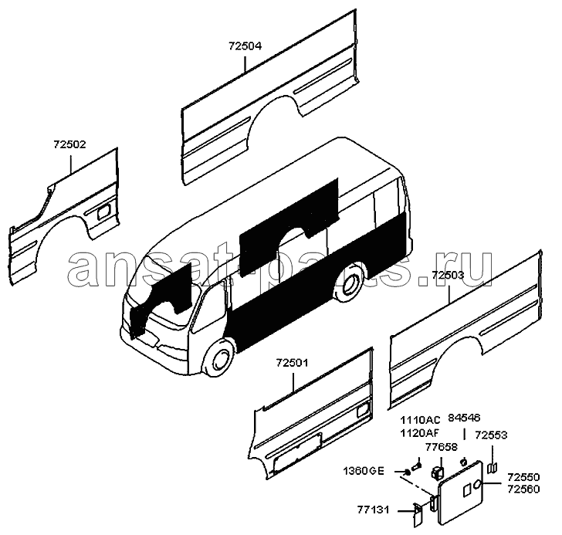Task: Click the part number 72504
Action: (x=245, y=46)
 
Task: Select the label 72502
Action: (x=70, y=144)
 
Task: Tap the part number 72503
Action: (x=448, y=275)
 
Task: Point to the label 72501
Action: (x=292, y=363)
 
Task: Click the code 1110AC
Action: (x=420, y=420)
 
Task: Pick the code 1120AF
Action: (x=419, y=433)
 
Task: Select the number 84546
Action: (x=464, y=418)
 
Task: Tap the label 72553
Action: (x=491, y=435)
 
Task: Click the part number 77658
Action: (x=442, y=447)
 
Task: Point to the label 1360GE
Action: (x=364, y=471)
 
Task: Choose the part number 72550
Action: (x=523, y=477)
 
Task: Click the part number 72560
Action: (x=523, y=489)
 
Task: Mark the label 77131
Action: (x=373, y=510)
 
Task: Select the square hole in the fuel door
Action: (x=467, y=490)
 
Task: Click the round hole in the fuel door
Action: (x=478, y=485)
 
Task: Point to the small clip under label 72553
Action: (x=493, y=468)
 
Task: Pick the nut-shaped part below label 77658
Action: (x=438, y=472)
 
